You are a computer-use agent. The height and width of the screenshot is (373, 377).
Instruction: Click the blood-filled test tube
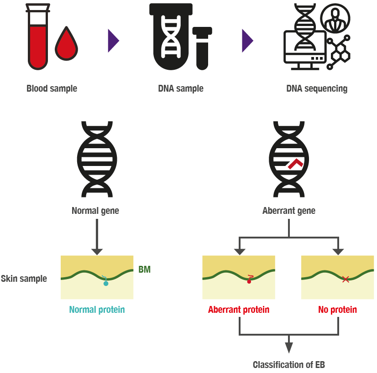(37, 41)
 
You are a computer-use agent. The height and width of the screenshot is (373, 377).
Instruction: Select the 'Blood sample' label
(52, 88)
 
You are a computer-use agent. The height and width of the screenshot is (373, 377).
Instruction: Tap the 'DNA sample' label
(181, 88)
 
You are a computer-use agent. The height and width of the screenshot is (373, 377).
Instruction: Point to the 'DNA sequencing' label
(317, 88)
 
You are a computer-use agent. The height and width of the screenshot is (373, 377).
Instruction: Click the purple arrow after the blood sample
(113, 41)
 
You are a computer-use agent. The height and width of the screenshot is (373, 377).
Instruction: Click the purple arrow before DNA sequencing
(247, 41)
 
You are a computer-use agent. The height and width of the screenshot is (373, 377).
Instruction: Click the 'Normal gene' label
(96, 211)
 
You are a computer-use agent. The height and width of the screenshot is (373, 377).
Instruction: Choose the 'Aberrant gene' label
(289, 211)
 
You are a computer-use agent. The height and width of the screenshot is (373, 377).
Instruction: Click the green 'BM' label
(144, 270)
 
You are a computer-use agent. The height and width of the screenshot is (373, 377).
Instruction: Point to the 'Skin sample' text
(24, 278)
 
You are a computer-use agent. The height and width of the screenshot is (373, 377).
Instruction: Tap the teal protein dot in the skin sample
(106, 283)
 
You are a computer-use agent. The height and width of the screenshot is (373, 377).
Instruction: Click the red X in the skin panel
(346, 279)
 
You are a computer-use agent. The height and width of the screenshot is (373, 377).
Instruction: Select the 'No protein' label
(337, 310)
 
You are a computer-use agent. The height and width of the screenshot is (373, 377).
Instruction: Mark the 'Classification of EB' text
(289, 365)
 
